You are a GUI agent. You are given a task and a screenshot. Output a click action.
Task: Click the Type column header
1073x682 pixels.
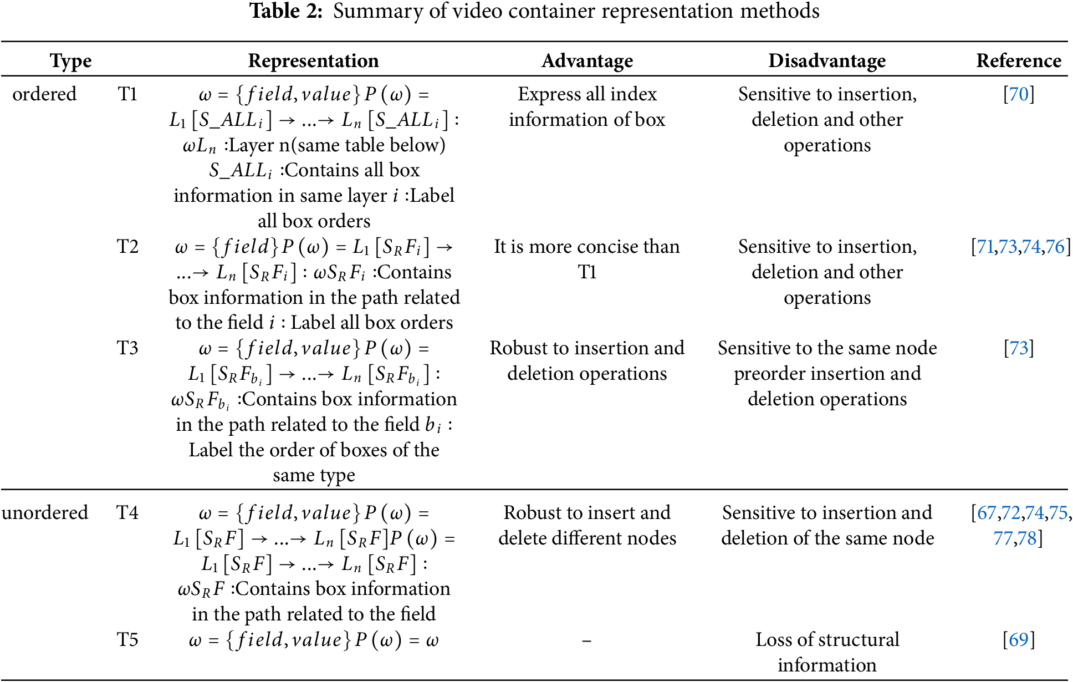point(70,60)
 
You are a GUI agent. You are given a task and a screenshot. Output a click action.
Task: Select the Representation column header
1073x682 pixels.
point(313,60)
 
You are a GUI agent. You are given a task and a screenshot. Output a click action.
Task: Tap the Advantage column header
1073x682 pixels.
point(587,60)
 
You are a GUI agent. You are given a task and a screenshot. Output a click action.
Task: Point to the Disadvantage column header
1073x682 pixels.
point(827,60)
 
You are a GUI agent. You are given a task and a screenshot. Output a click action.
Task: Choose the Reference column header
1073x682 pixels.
point(1019,60)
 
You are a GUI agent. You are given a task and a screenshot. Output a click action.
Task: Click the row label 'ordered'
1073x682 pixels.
point(44,94)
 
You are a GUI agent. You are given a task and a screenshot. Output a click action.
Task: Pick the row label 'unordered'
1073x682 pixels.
point(45,512)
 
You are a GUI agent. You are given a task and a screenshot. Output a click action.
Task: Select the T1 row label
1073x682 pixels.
point(127,94)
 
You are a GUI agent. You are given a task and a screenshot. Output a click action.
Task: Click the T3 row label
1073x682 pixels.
point(127,348)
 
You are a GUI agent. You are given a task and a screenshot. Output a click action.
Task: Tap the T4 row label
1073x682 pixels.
point(127,512)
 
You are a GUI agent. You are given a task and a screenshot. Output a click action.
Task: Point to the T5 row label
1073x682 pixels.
point(127,640)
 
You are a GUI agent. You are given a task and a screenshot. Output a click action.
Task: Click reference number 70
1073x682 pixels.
point(1019,94)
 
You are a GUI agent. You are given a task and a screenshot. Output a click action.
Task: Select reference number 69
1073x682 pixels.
point(1019,640)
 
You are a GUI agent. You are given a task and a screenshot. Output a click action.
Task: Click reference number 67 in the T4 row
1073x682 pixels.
point(986,513)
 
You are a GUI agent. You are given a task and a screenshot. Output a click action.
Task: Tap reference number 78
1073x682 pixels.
point(1027,538)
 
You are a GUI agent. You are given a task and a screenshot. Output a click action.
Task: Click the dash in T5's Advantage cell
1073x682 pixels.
point(587,641)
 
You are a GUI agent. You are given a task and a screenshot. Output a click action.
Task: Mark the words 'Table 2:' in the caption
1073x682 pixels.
point(286,11)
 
